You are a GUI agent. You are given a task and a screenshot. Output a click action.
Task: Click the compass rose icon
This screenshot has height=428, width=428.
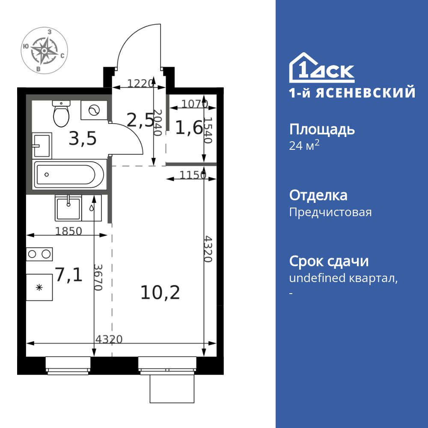click(x=44, y=51)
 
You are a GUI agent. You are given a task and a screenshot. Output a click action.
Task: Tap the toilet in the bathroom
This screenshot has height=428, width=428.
click(x=61, y=114)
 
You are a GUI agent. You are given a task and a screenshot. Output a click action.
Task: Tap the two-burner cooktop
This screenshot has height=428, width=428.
click(x=39, y=254)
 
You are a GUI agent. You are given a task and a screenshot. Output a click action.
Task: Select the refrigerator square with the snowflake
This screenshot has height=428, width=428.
click(x=39, y=287)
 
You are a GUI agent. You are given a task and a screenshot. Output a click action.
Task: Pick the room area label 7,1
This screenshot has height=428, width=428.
click(x=68, y=274)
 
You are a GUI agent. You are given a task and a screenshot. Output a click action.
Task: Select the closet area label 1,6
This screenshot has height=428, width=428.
click(x=188, y=128)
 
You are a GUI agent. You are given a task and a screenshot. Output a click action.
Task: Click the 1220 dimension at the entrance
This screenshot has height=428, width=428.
click(x=140, y=84)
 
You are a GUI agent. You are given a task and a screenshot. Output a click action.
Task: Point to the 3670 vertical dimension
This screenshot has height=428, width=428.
click(x=98, y=277)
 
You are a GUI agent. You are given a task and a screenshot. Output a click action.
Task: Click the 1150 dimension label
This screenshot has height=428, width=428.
click(x=187, y=175)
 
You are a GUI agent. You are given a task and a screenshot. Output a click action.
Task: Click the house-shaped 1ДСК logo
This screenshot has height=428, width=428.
click(x=321, y=68)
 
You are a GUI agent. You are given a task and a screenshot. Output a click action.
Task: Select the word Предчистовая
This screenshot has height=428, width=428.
click(x=330, y=212)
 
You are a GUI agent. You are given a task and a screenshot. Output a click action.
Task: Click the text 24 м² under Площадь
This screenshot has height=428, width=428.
click(x=304, y=146)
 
